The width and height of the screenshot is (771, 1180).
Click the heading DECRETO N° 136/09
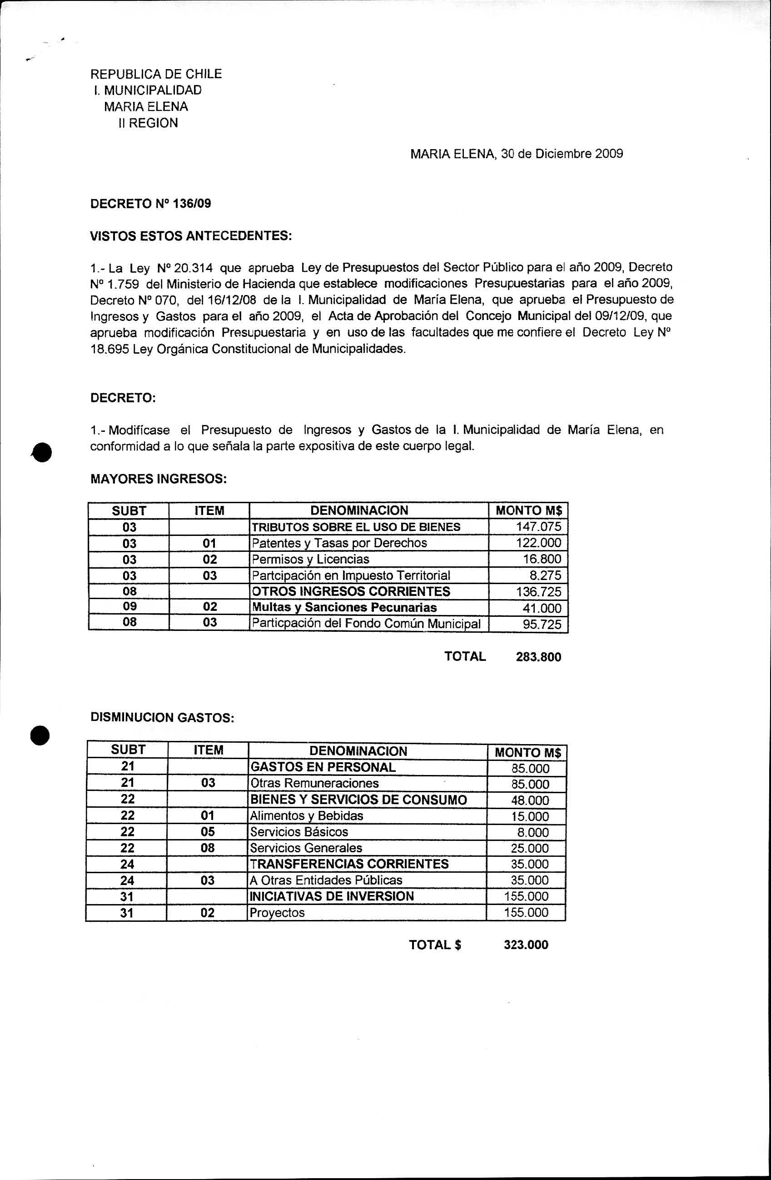(151, 204)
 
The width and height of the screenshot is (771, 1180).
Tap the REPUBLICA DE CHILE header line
(156, 75)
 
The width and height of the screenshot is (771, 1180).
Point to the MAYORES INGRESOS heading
(159, 479)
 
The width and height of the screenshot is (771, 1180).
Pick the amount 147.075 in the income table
(539, 526)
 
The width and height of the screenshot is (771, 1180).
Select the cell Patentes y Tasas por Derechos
(339, 543)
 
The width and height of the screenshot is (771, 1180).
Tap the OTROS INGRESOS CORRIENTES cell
(351, 591)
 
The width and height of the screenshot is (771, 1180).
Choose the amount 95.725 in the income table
(542, 624)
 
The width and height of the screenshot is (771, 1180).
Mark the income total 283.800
(539, 657)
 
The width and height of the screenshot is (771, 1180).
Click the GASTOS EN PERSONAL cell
(323, 767)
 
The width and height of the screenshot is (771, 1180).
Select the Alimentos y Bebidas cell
(306, 815)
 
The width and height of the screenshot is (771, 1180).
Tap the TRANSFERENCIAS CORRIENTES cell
(349, 864)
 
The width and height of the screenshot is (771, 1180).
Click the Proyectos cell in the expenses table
(277, 912)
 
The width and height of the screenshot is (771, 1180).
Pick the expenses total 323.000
(526, 945)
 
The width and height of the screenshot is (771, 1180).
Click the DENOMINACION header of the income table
(359, 510)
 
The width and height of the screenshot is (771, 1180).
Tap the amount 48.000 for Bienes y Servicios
(530, 800)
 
